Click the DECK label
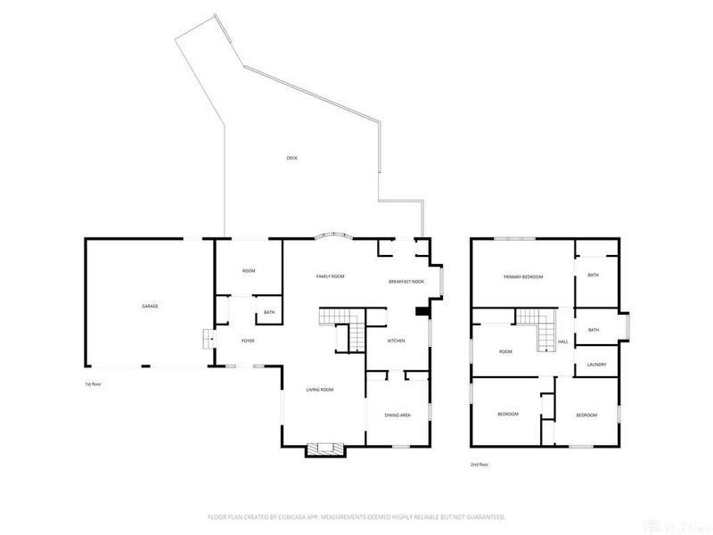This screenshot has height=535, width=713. pyautogui.click(x=291, y=158)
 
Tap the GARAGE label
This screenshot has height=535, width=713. pyautogui.click(x=150, y=306)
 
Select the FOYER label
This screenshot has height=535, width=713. pyautogui.click(x=249, y=341)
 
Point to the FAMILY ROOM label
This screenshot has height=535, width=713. pyautogui.click(x=330, y=276)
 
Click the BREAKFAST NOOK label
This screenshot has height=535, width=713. pyautogui.click(x=406, y=281)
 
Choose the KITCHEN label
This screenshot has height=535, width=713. pyautogui.click(x=396, y=341)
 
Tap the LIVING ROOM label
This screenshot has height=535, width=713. pyautogui.click(x=320, y=389)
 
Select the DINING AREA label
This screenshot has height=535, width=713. pyautogui.click(x=397, y=415)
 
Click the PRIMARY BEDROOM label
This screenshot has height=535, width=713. pyautogui.click(x=522, y=276)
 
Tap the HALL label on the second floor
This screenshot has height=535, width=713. pyautogui.click(x=563, y=342)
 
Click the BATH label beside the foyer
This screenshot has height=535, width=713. pyautogui.click(x=268, y=312)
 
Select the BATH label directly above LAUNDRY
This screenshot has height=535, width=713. pyautogui.click(x=594, y=330)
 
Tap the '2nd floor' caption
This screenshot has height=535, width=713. pyautogui.click(x=479, y=464)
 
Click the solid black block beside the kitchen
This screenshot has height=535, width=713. pyautogui.click(x=422, y=312)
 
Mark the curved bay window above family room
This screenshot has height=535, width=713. pyautogui.click(x=333, y=236)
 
